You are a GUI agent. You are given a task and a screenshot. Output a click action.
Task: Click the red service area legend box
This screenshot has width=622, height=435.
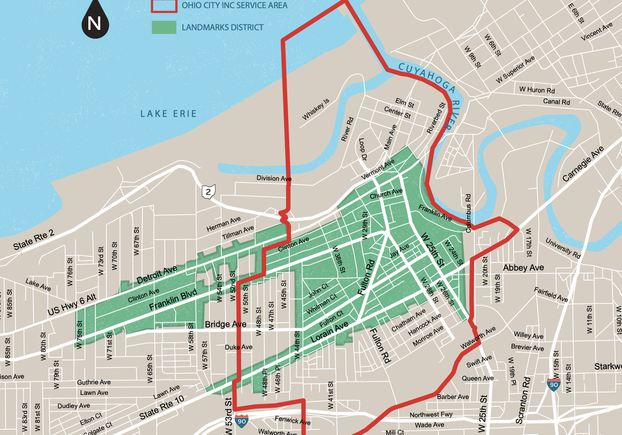(164, 6)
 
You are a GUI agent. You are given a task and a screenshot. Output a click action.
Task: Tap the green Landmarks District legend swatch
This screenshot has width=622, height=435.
(164, 27)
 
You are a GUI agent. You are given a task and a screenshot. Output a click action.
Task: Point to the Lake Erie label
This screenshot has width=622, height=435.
(169, 114)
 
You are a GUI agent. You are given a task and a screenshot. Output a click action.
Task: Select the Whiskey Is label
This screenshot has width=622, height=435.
(316, 110)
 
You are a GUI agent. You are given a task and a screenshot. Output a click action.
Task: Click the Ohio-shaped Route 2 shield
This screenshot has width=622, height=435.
(208, 191)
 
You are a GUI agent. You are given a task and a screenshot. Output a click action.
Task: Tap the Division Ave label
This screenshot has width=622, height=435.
(274, 178)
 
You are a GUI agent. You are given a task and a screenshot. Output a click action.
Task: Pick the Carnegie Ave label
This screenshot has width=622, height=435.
(583, 164)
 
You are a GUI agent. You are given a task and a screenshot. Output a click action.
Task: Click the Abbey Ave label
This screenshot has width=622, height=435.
(523, 268)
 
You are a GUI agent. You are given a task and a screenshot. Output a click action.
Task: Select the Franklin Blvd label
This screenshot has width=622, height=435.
(173, 300)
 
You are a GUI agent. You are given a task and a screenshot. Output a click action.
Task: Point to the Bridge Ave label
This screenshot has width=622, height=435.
(225, 324)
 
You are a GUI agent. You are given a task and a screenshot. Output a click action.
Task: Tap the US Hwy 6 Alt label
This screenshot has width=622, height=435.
(72, 305)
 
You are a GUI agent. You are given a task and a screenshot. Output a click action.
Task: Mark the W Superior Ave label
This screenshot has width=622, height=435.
(515, 70)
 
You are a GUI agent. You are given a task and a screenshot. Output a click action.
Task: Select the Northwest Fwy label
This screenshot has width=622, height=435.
(431, 415)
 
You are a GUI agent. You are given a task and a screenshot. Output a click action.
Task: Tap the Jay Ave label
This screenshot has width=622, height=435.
(399, 251)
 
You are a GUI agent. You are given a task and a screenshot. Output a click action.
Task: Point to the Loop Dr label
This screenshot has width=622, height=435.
(363, 149)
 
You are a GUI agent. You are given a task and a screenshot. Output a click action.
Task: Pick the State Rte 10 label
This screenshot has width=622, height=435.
(162, 407)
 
